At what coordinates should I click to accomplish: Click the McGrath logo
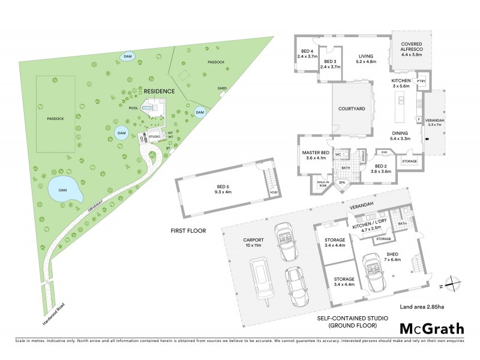click(x=431, y=328)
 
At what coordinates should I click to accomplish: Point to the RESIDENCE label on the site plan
click(x=158, y=91)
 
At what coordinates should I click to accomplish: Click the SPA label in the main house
click(x=342, y=182)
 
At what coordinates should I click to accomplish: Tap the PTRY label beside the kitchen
click(x=421, y=80)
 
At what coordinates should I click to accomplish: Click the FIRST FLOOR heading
click(x=188, y=230)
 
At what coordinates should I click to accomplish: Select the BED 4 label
click(x=307, y=53)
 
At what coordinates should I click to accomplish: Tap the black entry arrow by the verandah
click(x=427, y=140)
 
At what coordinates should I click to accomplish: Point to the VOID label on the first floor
click(x=274, y=193)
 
